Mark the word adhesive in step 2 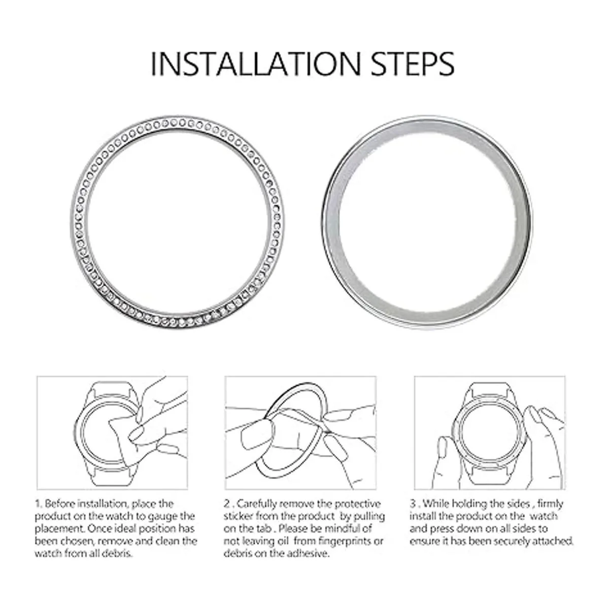(307, 553)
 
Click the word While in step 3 (436, 504)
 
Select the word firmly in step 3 (550, 504)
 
